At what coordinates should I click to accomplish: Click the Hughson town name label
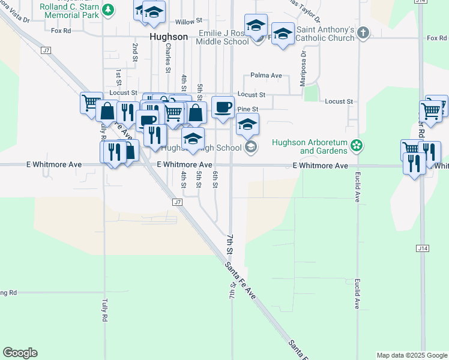coord(168,37)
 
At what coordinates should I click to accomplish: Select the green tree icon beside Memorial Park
coord(107,10)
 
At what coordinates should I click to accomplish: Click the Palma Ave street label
coord(266,76)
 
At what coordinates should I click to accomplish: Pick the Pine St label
coord(247,109)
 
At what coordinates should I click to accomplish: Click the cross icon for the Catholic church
coord(362,33)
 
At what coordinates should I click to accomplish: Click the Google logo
coord(20,353)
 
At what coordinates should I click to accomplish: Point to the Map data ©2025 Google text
coord(411,355)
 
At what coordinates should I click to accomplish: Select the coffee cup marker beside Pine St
coord(223,107)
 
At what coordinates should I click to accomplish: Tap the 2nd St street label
coord(135,52)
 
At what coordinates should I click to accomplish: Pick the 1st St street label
coord(119,77)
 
